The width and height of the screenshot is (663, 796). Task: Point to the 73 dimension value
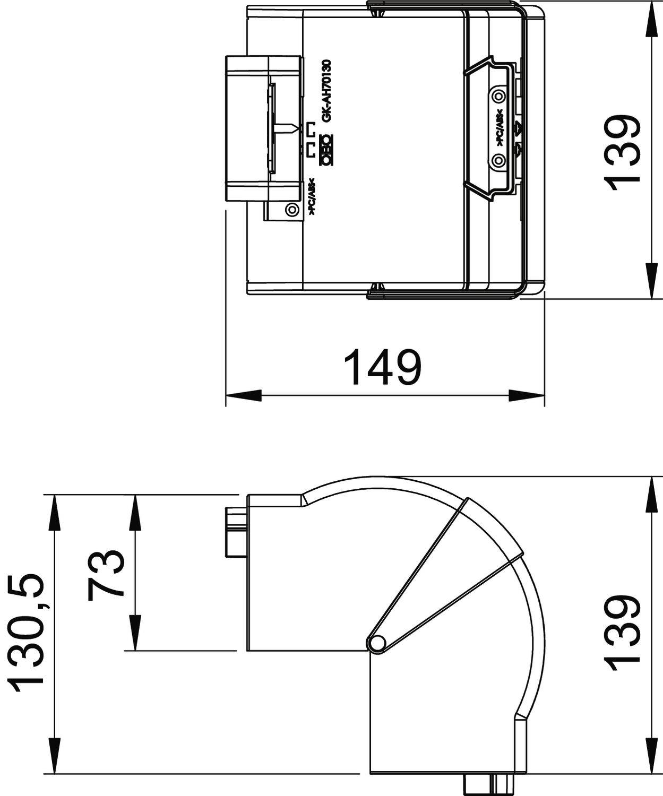click(x=106, y=574)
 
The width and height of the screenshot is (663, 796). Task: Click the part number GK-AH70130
click(x=327, y=91)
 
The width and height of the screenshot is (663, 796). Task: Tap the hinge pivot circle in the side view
click(x=377, y=643)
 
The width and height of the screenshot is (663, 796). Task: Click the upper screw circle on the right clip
click(x=498, y=97)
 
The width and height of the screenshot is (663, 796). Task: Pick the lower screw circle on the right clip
click(x=498, y=160)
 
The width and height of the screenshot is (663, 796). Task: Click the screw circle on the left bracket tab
click(x=291, y=210)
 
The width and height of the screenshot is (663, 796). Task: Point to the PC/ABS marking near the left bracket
click(x=312, y=196)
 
